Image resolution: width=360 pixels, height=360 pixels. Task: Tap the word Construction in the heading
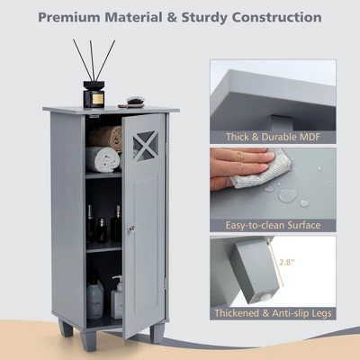277,17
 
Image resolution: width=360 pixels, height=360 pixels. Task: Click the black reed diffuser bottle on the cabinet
94,94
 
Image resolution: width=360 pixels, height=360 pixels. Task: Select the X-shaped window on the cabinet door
146,146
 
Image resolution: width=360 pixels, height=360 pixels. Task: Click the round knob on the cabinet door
130,229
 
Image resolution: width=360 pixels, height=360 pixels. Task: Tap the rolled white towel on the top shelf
103,159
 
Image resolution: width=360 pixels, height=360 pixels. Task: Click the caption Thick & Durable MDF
273,137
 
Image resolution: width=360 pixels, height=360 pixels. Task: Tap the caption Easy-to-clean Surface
273,225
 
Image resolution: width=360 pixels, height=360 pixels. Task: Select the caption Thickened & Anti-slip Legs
273,313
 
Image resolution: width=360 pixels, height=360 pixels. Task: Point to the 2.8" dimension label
287,262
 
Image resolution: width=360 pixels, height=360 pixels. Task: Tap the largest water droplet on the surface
287,195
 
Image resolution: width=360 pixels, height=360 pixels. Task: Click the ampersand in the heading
172,17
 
